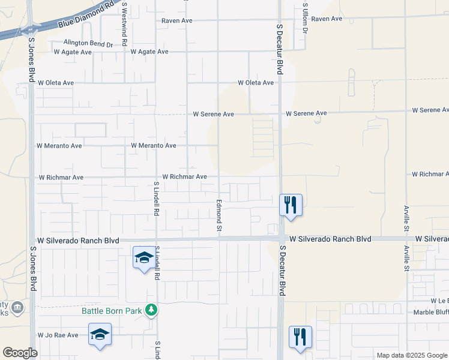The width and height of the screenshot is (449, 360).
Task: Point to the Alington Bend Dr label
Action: (89, 44)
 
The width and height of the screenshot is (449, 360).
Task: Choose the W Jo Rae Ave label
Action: (58, 335)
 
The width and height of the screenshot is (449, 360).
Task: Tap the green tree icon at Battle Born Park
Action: (152, 310)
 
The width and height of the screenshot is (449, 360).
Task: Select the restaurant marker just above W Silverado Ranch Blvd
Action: (291, 205)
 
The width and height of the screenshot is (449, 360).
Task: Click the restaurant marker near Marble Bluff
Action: (300, 337)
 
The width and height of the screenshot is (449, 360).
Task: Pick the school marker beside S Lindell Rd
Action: (143, 258)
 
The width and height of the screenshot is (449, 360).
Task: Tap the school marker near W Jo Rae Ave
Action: (100, 334)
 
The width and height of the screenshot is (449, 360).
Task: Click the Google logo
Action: (20, 353)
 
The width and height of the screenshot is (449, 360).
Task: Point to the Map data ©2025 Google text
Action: (411, 355)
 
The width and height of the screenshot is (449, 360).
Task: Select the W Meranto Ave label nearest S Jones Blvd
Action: (59, 146)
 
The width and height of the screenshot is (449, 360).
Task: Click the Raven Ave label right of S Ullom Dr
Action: (327, 19)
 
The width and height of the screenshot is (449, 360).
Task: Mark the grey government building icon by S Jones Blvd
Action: (17, 308)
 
